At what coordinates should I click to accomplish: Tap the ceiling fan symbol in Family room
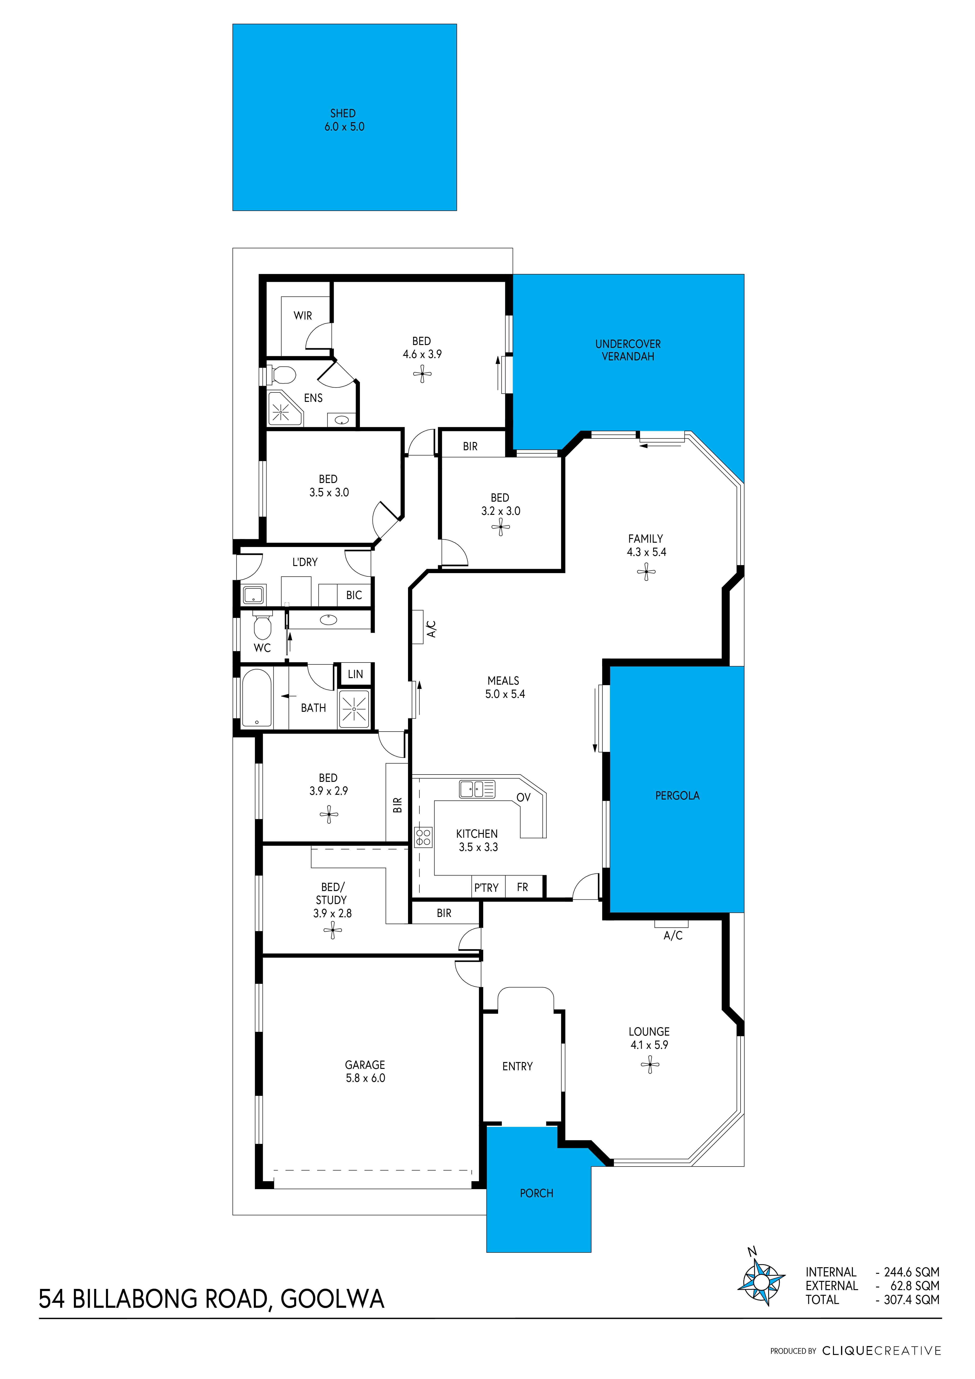(x=646, y=572)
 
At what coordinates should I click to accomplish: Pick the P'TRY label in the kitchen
(x=486, y=888)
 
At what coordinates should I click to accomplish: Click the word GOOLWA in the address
(x=332, y=1299)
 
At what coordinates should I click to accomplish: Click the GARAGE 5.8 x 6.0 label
(x=365, y=1071)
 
